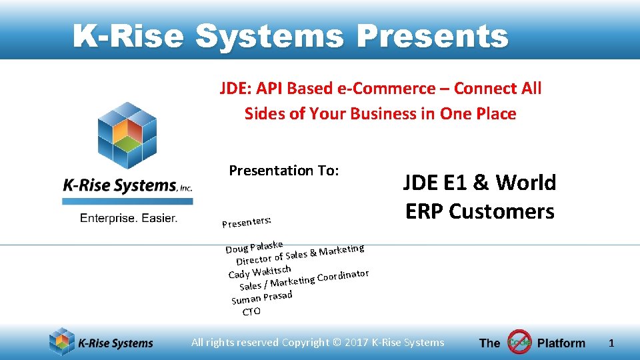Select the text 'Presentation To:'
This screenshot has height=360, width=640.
284,171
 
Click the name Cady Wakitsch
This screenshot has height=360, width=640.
259,271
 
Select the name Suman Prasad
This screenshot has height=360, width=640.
262,297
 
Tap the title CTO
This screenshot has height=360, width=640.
251,311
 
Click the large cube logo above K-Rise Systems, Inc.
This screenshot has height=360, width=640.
127,137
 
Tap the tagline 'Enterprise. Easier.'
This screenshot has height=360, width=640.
129,218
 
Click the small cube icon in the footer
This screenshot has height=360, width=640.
62,342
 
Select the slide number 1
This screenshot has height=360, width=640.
611,343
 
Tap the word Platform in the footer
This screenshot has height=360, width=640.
561,343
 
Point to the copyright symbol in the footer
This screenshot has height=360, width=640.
335,343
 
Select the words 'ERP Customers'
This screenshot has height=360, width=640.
479,211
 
